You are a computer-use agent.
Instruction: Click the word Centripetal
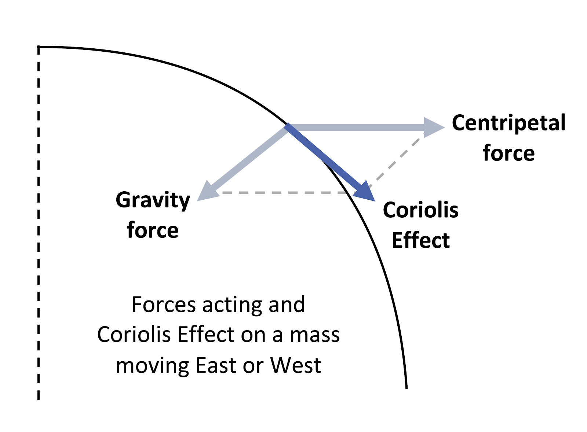[508, 123]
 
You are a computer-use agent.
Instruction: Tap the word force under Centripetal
[508, 153]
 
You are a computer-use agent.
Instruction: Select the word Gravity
[153, 201]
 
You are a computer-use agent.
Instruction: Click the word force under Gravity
[153, 230]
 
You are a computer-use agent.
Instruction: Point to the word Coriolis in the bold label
[420, 210]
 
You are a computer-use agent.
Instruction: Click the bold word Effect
[420, 240]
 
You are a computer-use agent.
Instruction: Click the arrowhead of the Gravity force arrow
[207, 192]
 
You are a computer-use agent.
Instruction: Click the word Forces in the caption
[163, 304]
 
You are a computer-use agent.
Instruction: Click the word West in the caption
[296, 365]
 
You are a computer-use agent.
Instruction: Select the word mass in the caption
[315, 335]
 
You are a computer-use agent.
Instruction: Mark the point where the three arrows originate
[287, 126]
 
